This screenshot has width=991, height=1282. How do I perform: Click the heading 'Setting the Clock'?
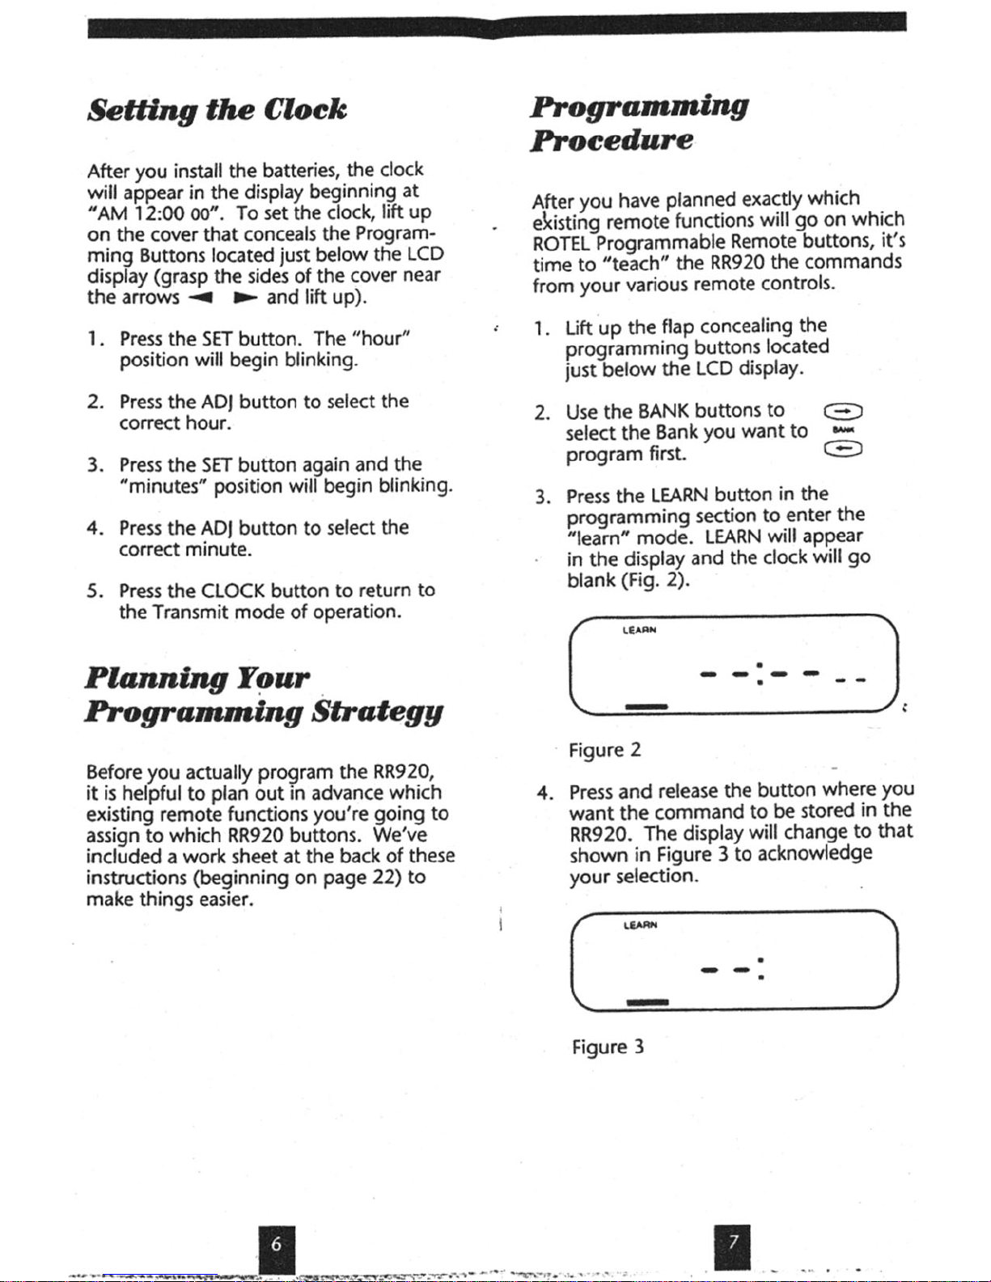point(217,110)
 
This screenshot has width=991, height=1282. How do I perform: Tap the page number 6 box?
point(276,1246)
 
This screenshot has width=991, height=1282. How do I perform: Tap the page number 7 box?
point(733,1245)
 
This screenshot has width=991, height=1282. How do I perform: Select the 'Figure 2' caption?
point(604,750)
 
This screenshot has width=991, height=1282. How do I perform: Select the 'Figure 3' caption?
point(608,1047)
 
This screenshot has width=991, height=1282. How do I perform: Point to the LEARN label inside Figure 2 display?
point(639,629)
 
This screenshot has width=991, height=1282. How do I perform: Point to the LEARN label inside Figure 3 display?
point(640,924)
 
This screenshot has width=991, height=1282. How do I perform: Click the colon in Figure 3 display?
point(761,968)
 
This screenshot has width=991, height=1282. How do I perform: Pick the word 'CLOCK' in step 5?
point(234,590)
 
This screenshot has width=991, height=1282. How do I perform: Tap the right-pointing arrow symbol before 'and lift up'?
point(245,298)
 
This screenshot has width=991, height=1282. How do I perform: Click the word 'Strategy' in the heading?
point(377,712)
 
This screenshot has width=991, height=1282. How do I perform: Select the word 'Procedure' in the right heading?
point(612,141)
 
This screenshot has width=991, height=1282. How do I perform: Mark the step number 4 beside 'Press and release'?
point(544,791)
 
